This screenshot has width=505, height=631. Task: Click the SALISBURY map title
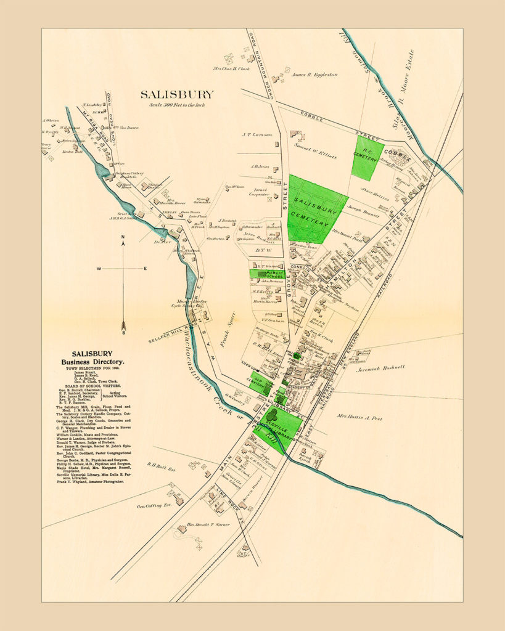(177, 94)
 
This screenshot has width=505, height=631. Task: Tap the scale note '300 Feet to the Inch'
(177, 105)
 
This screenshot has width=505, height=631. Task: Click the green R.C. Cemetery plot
(367, 157)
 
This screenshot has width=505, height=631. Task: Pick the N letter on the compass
(123, 236)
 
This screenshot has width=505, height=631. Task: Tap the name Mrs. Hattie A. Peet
(359, 418)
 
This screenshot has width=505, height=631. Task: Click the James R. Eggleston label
(314, 75)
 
